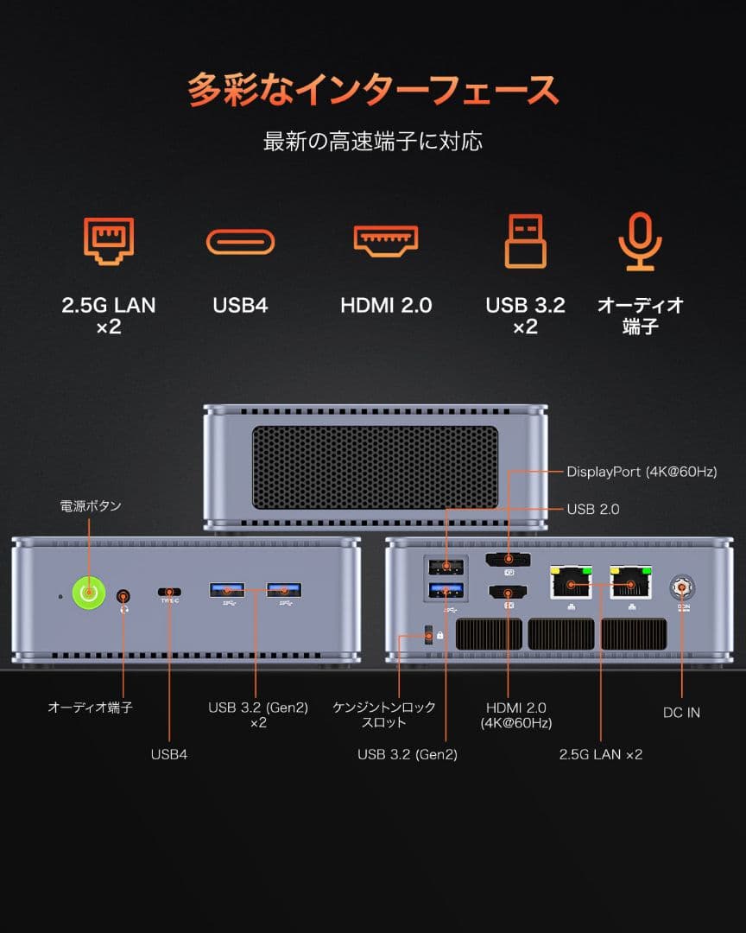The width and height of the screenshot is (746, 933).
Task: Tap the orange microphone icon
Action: [x=640, y=241]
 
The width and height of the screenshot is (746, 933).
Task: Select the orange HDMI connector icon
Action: [x=385, y=241]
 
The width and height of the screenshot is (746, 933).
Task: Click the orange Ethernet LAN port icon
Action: [x=108, y=241]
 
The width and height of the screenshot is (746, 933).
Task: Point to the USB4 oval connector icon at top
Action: [x=240, y=242]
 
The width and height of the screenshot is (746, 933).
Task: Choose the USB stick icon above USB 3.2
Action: [x=525, y=241]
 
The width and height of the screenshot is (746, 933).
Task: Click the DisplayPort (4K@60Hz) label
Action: [x=642, y=472]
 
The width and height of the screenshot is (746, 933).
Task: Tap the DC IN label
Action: [x=681, y=713]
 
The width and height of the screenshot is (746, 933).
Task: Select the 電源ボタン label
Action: [x=91, y=506]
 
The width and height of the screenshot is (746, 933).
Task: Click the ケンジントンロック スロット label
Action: [x=384, y=714]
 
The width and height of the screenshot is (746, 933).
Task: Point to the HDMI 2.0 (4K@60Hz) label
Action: [x=517, y=714]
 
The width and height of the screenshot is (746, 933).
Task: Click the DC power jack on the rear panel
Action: [x=681, y=587]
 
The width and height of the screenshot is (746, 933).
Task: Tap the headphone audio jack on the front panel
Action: [x=124, y=595]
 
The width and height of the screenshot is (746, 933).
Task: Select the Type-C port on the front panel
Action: [x=169, y=592]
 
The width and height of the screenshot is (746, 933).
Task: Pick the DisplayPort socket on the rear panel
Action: [x=508, y=561]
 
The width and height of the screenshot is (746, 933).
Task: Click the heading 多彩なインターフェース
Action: [x=373, y=90]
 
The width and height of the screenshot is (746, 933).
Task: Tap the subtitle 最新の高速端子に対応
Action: [x=373, y=141]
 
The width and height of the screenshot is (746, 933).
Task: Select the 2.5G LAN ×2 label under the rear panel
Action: [x=601, y=754]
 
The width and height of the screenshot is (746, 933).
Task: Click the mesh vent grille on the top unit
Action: [x=375, y=466]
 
